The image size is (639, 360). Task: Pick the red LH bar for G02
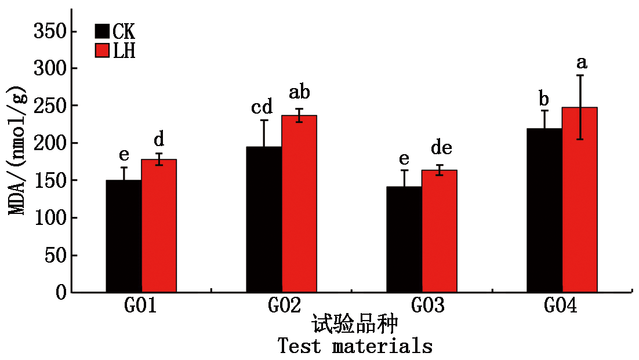click(x=299, y=203)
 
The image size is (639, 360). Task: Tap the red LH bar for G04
click(x=580, y=199)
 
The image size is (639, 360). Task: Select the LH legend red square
click(x=102, y=50)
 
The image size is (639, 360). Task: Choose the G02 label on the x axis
click(x=285, y=306)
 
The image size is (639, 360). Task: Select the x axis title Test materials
click(x=355, y=347)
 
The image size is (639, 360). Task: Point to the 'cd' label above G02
click(x=262, y=107)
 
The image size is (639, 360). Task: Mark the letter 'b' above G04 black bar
click(x=543, y=98)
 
